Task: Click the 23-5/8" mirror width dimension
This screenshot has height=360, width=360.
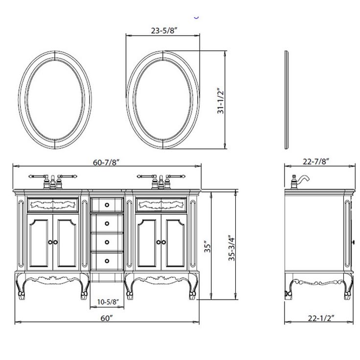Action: point(164,30)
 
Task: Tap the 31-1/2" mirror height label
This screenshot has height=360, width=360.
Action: point(221,101)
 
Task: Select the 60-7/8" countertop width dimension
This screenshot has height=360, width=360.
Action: point(106,162)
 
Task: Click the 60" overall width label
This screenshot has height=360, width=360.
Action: point(107,318)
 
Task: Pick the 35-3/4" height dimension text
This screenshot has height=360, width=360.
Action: point(232,248)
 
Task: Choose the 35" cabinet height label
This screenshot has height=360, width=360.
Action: point(207,247)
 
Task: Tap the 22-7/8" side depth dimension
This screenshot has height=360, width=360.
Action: point(316,161)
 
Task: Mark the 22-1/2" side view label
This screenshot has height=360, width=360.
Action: point(321,318)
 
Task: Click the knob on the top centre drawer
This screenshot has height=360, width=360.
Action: point(107,205)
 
